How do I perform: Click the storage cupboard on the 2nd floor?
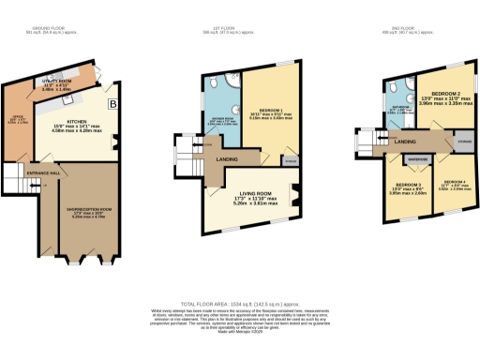pyautogui.click(x=463, y=142)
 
